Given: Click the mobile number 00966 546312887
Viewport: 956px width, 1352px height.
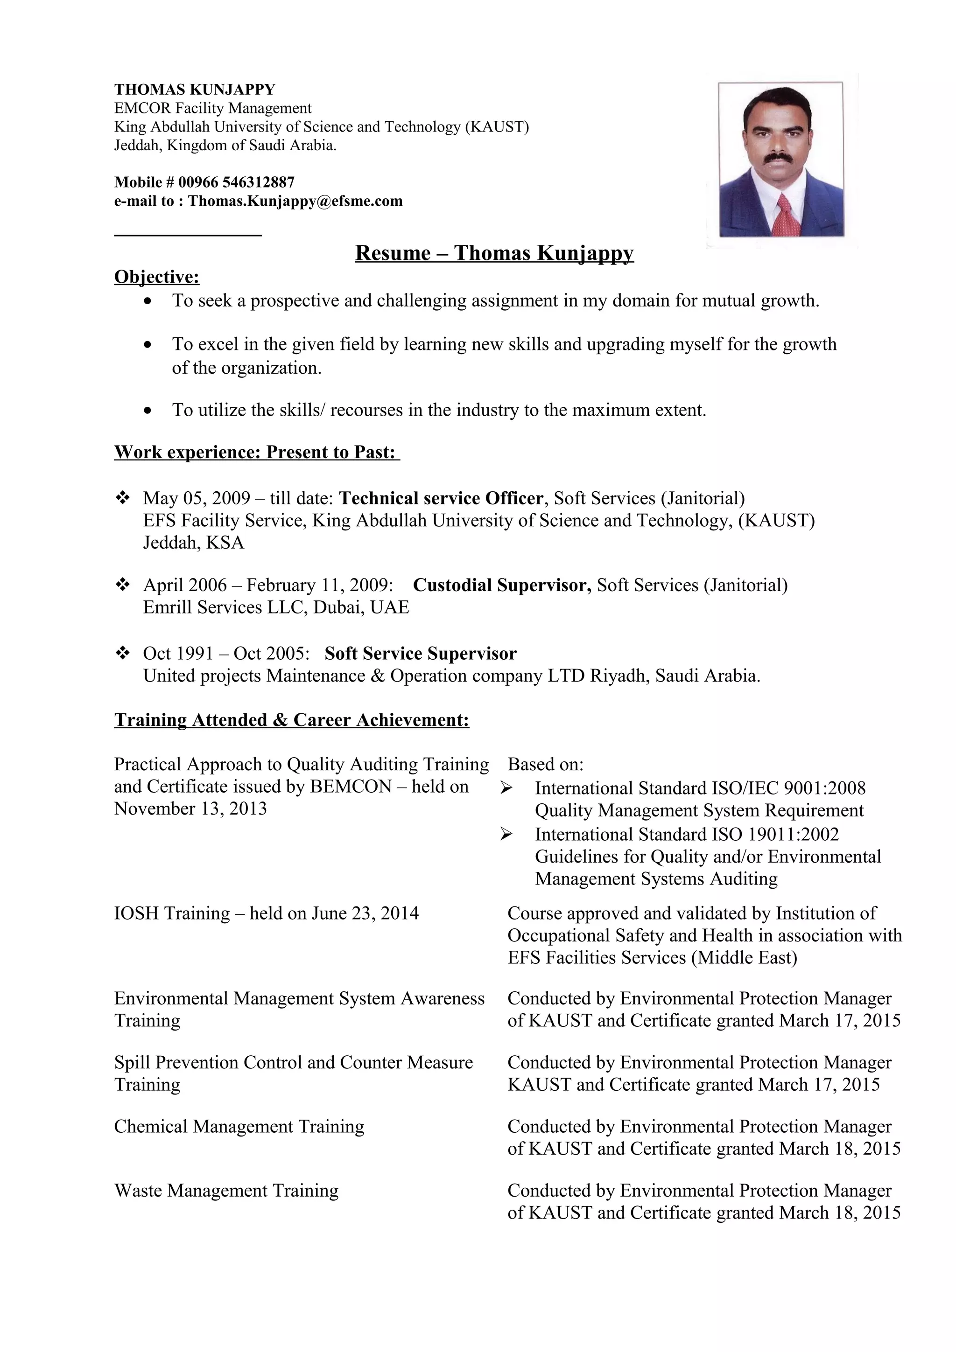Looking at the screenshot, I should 236,182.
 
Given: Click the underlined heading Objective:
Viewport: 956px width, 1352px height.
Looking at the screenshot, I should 157,276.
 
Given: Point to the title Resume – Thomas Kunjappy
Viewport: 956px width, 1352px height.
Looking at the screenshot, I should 494,252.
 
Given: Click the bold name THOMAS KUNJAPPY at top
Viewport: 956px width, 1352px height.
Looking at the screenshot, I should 194,90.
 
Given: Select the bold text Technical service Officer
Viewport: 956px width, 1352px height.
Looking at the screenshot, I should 441,498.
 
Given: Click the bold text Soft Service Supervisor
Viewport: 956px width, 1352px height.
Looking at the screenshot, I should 420,654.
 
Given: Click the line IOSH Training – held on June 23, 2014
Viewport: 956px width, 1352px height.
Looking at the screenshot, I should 266,913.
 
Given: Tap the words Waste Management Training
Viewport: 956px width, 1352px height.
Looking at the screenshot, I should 226,1191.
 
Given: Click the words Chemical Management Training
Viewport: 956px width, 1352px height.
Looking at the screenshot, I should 239,1127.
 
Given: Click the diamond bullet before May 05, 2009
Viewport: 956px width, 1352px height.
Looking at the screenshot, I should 122,498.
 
